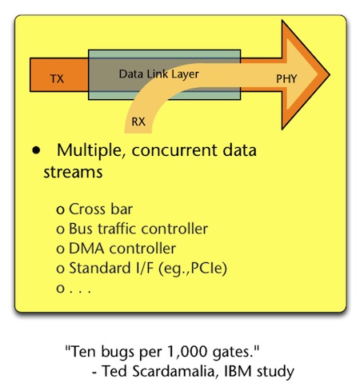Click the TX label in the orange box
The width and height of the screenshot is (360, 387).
[57, 79]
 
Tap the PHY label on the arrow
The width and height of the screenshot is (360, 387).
[286, 78]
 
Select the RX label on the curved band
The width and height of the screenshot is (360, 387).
[138, 122]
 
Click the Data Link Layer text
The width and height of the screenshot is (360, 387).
[159, 74]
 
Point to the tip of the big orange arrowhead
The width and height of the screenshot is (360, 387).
[330, 75]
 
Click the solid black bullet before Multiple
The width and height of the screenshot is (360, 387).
[36, 150]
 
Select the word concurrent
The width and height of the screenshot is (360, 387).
[174, 150]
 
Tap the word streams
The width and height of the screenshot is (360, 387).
[73, 172]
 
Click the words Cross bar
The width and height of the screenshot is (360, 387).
[101, 209]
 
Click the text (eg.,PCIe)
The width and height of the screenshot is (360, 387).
[193, 268]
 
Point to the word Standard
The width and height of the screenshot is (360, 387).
[100, 268]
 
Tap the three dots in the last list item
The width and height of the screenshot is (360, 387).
[80, 292]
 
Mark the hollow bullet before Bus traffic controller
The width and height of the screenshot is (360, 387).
[61, 229]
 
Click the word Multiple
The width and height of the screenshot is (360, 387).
[90, 150]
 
